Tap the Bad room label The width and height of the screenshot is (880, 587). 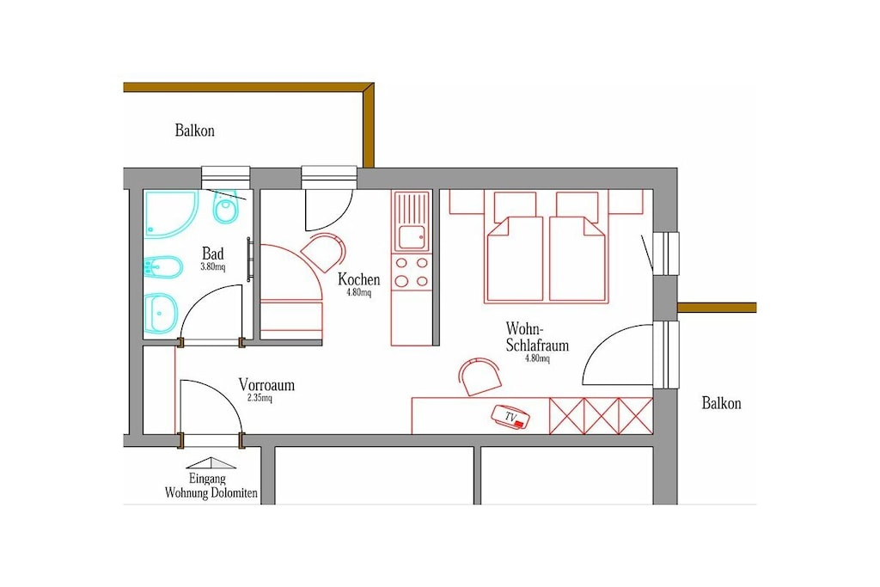coord(213,254)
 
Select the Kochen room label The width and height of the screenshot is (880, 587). coord(358,279)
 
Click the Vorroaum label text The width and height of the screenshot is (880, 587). coord(266,385)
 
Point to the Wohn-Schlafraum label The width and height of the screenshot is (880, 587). coord(537,336)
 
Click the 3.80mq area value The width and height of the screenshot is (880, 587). coord(213,267)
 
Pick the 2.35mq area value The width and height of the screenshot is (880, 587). coord(260,399)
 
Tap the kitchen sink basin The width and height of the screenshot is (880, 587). coord(412,237)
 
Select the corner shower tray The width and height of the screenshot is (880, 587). coord(168,214)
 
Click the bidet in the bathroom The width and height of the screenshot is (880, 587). coord(162,269)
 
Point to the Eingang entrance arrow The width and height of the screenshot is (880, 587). coord(211,463)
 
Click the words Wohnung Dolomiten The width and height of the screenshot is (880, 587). coord(211,493)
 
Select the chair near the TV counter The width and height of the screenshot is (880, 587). coord(480,376)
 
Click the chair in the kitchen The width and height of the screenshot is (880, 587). coord(323,253)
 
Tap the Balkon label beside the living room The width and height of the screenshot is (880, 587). coord(721,403)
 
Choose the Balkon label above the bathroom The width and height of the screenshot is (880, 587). coord(195,130)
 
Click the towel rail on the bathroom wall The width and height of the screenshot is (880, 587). coord(249,259)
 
